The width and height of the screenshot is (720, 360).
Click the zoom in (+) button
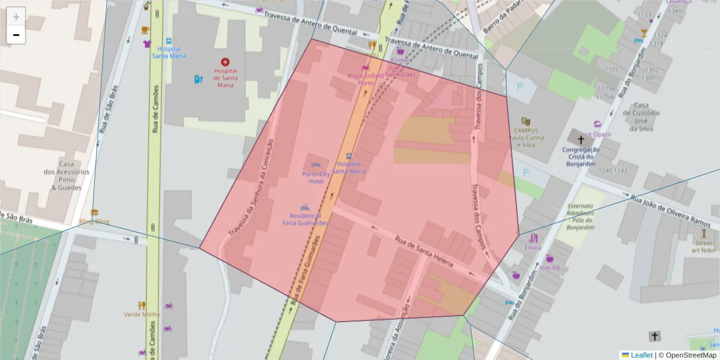16,17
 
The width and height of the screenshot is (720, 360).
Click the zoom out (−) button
16,35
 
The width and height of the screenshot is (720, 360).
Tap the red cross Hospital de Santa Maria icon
225,62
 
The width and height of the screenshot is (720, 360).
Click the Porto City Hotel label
316,178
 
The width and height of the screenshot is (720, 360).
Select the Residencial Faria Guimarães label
305,219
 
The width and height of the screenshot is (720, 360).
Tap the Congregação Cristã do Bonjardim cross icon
580,139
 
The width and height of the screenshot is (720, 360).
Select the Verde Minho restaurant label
142,314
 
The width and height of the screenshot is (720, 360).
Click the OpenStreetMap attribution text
690,355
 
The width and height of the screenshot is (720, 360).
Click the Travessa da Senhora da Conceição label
251,187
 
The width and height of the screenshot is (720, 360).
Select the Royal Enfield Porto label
365,79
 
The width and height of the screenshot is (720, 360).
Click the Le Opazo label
598,134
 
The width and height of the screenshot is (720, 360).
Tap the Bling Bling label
94,221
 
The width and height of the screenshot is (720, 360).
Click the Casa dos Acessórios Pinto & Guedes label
67,175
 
